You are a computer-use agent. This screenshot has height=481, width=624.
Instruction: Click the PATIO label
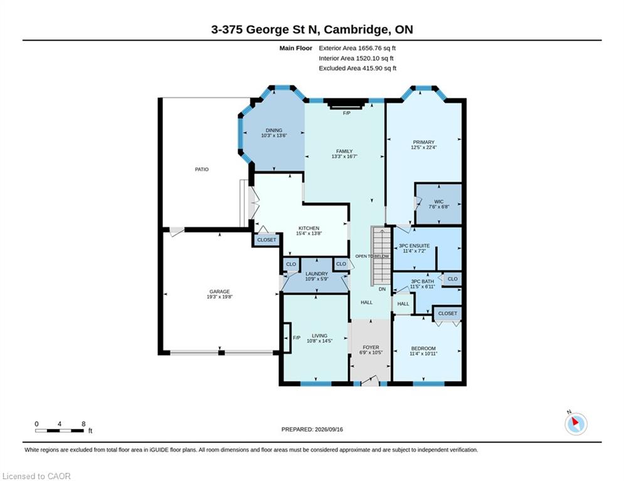[202, 169]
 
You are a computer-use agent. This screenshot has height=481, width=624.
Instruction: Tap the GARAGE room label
[219, 291]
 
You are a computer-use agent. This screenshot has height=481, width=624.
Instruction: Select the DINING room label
[274, 130]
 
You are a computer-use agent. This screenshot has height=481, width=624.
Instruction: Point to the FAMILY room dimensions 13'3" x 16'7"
[344, 157]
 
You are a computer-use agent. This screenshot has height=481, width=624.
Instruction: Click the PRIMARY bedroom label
[423, 142]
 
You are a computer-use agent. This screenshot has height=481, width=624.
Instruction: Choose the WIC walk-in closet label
[438, 202]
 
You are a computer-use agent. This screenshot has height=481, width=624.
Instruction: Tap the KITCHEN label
[309, 228]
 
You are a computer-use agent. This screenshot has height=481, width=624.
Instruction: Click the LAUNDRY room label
[317, 274]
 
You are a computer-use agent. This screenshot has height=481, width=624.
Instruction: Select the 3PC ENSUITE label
[415, 246]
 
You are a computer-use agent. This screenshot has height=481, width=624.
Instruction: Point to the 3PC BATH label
[423, 281]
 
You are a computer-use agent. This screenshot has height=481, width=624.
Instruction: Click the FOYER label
[371, 348]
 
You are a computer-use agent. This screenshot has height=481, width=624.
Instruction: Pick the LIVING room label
[320, 336]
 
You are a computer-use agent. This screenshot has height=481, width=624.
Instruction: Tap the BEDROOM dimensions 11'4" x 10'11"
[424, 354]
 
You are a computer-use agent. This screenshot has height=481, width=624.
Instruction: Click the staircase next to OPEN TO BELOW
[381, 256]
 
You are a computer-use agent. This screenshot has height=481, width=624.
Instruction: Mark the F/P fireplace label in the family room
[347, 113]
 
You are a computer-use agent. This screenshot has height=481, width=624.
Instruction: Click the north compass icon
[576, 424]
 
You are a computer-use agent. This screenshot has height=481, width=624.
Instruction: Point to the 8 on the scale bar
[83, 424]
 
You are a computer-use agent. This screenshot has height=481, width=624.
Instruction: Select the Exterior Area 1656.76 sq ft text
[357, 48]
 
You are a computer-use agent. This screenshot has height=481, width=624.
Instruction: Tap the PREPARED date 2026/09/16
[329, 429]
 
